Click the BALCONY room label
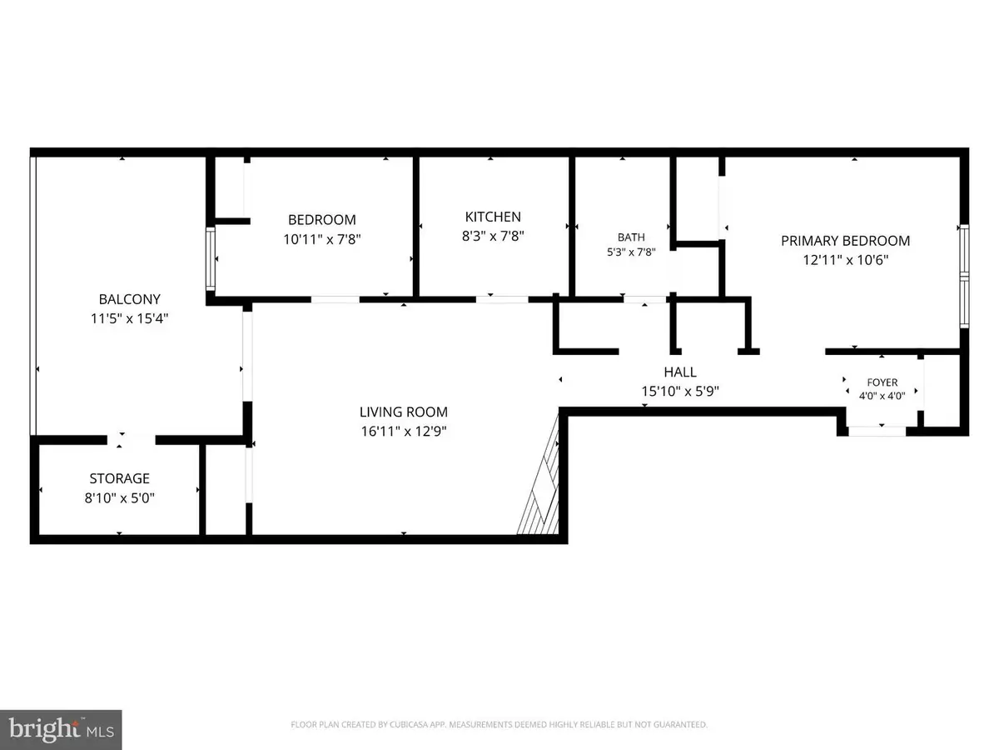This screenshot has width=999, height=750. pyautogui.click(x=130, y=299)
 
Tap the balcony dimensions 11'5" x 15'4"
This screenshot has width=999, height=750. pyautogui.click(x=130, y=318)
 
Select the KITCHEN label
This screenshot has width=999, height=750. pyautogui.click(x=493, y=217)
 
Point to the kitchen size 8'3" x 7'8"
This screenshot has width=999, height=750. pyautogui.click(x=493, y=236)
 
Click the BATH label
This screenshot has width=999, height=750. pyautogui.click(x=631, y=237)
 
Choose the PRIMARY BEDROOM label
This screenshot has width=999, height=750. pyautogui.click(x=846, y=241)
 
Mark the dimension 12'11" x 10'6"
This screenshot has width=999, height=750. pyautogui.click(x=846, y=260)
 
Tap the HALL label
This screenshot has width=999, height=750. pyautogui.click(x=680, y=372)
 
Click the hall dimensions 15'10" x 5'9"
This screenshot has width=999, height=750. pyautogui.click(x=680, y=391)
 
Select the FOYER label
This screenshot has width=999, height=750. pyautogui.click(x=882, y=382)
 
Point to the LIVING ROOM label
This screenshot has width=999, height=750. pyautogui.click(x=404, y=412)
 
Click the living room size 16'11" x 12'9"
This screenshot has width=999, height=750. pyautogui.click(x=404, y=431)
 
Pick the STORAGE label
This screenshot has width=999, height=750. pyautogui.click(x=120, y=478)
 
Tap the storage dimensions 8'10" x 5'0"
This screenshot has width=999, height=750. pyautogui.click(x=120, y=497)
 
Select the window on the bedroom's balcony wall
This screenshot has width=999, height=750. pyautogui.click(x=211, y=258)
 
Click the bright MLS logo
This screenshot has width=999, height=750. pyautogui.click(x=61, y=730)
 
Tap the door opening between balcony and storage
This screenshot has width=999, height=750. pyautogui.click(x=131, y=440)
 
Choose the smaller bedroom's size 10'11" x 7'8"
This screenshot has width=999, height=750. pyautogui.click(x=322, y=239)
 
